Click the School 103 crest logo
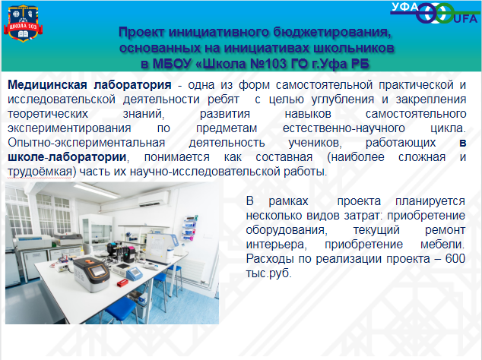click(23, 24)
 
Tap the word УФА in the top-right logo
click(405, 7)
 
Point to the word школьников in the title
click(354, 48)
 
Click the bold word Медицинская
click(47, 85)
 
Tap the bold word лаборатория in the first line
click(132, 85)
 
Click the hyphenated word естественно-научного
click(344, 128)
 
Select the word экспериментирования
click(69, 128)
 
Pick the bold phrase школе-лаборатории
click(67, 157)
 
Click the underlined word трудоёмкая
click(40, 172)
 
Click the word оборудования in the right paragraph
click(285, 230)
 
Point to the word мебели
click(441, 245)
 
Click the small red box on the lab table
click(122, 283)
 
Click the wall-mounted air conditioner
click(154, 199)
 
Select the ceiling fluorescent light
click(97, 191)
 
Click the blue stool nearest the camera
click(122, 308)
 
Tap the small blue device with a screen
click(135, 273)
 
